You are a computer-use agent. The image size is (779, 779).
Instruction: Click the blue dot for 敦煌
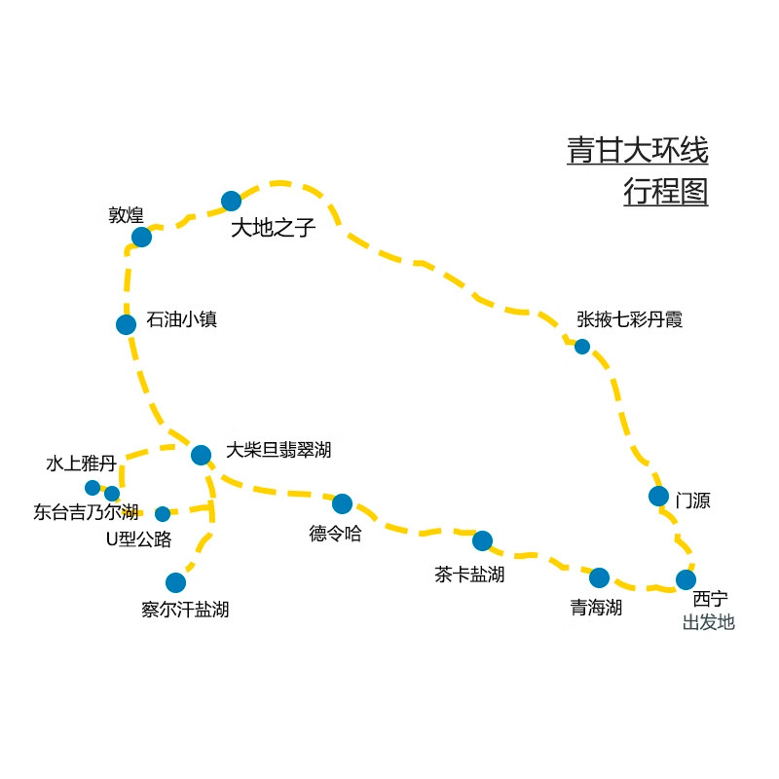point(141,237)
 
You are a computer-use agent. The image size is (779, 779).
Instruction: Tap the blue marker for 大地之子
point(231,202)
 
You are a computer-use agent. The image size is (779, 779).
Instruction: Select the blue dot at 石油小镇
point(126,324)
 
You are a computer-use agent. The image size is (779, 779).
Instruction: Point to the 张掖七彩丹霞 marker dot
point(582,346)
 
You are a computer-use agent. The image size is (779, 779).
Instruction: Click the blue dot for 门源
point(658,496)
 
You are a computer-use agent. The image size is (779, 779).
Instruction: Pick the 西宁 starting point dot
point(686,579)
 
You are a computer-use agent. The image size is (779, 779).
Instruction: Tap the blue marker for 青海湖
point(599,577)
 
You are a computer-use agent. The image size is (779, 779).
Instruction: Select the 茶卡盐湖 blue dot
point(482,540)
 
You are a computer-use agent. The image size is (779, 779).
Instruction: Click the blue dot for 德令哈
point(342,503)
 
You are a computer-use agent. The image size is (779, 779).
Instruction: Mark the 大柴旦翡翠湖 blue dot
point(201,455)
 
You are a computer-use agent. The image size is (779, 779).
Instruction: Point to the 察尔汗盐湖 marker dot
point(175,582)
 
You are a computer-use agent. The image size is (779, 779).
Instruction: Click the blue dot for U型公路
point(163,513)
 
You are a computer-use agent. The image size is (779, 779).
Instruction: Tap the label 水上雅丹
point(81,464)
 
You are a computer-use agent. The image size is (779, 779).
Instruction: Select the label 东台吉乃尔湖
point(86,512)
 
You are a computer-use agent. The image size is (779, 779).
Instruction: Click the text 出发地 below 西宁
point(708,621)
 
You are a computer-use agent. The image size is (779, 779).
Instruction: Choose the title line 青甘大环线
point(638,151)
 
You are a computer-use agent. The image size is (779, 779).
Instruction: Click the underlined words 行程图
point(666,192)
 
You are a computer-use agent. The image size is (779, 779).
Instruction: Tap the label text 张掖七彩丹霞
point(630,319)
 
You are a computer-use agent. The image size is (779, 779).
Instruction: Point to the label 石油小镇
point(181,319)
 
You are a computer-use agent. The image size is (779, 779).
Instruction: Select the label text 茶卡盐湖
point(469,575)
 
